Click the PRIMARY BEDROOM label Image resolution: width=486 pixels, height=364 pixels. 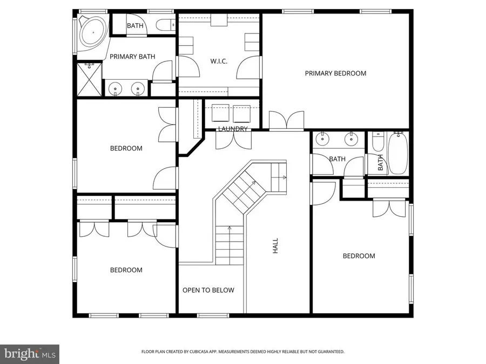point(335,73)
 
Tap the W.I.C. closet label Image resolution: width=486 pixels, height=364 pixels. point(219,61)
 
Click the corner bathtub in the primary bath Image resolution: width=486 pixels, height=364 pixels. point(93,33)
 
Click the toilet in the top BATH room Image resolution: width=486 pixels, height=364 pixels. point(165,24)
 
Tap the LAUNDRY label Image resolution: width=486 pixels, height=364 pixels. point(233,129)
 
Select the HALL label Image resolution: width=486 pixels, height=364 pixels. point(275,247)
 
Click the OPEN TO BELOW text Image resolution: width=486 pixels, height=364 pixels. point(208,290)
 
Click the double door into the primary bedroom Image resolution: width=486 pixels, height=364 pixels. point(286,121)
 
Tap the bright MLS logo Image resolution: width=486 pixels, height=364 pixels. point(30,354)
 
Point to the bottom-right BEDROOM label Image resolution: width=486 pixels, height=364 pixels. point(359,256)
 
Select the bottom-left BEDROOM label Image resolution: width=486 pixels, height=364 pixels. point(126,270)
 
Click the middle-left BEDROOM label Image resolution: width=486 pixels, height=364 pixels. point(126,148)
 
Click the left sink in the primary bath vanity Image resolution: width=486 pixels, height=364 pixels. point(115,89)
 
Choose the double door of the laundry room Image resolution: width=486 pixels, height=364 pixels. point(233,140)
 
